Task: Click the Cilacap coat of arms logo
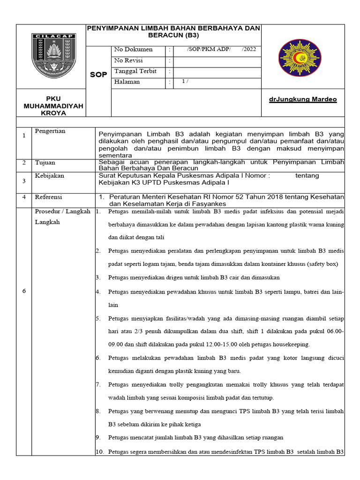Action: point(53,56)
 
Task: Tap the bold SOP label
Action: point(99,75)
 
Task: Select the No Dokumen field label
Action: point(133,50)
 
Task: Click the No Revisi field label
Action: point(128,60)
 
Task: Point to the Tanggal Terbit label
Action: point(135,71)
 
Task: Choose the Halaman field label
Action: point(127,82)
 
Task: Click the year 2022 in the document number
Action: point(249,50)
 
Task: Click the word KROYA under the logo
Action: point(53,113)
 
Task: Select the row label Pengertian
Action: point(50,131)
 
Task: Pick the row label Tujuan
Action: point(45,163)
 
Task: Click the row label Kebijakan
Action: point(50,176)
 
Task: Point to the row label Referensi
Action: point(49,197)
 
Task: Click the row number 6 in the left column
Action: point(24,291)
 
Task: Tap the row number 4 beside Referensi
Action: point(24,197)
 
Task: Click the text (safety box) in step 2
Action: point(320,264)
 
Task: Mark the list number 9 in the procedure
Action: point(98,438)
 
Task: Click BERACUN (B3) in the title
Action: point(173,35)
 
